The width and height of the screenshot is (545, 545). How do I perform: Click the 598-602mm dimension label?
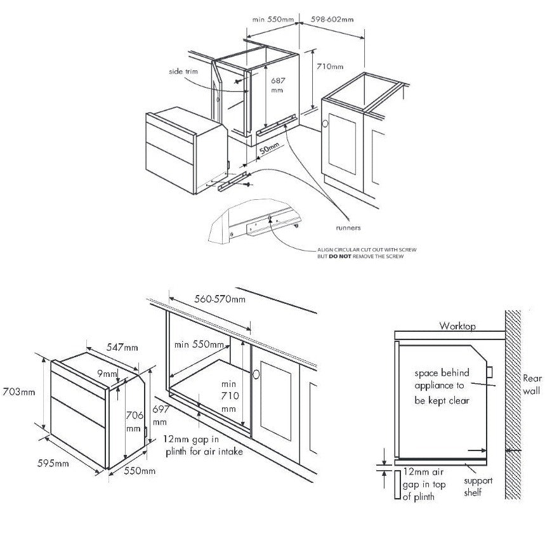point(331,20)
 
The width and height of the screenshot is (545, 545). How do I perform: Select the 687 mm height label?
point(277,86)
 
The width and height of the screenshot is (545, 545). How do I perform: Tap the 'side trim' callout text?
point(183,72)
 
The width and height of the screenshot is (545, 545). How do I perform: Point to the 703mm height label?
point(18,391)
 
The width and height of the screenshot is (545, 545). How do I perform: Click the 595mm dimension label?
point(53,464)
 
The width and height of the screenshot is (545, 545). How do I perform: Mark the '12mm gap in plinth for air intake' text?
point(202,445)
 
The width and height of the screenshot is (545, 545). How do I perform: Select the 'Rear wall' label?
point(532,384)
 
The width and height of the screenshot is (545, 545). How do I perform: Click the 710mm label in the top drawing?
point(330,67)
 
